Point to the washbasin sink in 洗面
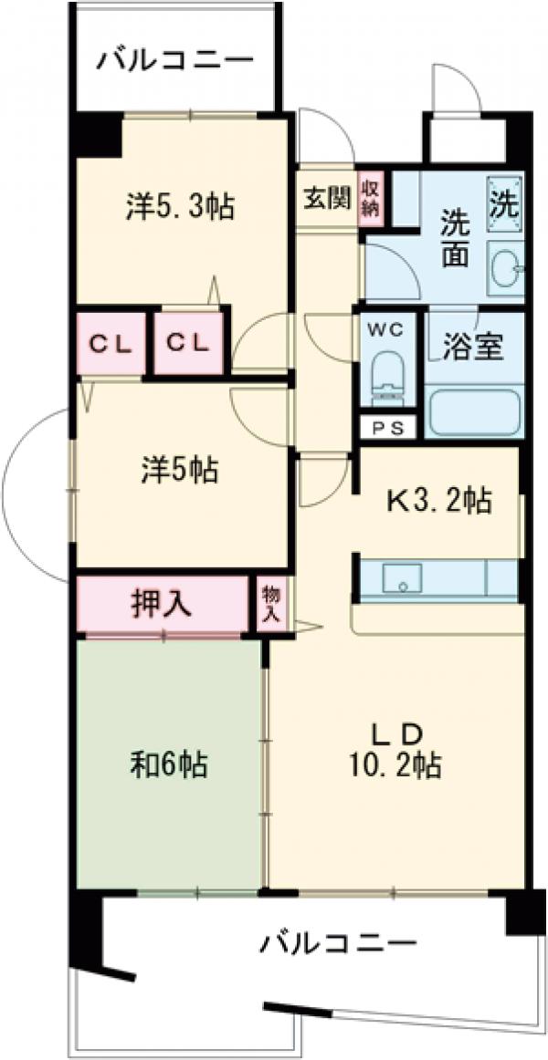(505, 266)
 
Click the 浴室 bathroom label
(473, 348)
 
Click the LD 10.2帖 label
(395, 749)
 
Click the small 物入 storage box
(272, 603)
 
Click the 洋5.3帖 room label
(179, 207)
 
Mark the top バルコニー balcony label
(175, 62)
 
